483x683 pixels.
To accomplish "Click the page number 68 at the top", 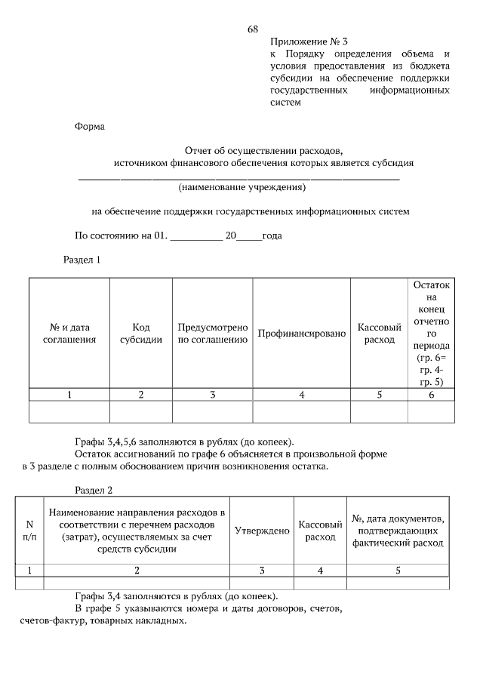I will tap(253, 29).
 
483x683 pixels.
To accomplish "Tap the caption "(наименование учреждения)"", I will tap(241, 186).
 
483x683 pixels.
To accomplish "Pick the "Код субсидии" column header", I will tap(141, 333).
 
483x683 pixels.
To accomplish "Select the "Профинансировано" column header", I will tap(301, 333).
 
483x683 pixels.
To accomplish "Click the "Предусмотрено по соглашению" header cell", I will tap(213, 333).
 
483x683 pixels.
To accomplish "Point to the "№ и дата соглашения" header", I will tap(69, 333).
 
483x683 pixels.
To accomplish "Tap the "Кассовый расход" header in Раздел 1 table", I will tap(379, 333).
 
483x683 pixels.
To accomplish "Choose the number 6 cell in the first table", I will tap(431, 394).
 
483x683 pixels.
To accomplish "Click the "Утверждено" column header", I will tap(262, 531).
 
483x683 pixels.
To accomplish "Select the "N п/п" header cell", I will tap(29, 531).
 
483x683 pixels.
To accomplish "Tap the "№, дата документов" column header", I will tap(398, 531).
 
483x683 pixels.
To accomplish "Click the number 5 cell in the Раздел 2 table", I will tap(398, 571).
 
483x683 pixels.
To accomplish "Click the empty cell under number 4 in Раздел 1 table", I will tap(301, 411).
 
